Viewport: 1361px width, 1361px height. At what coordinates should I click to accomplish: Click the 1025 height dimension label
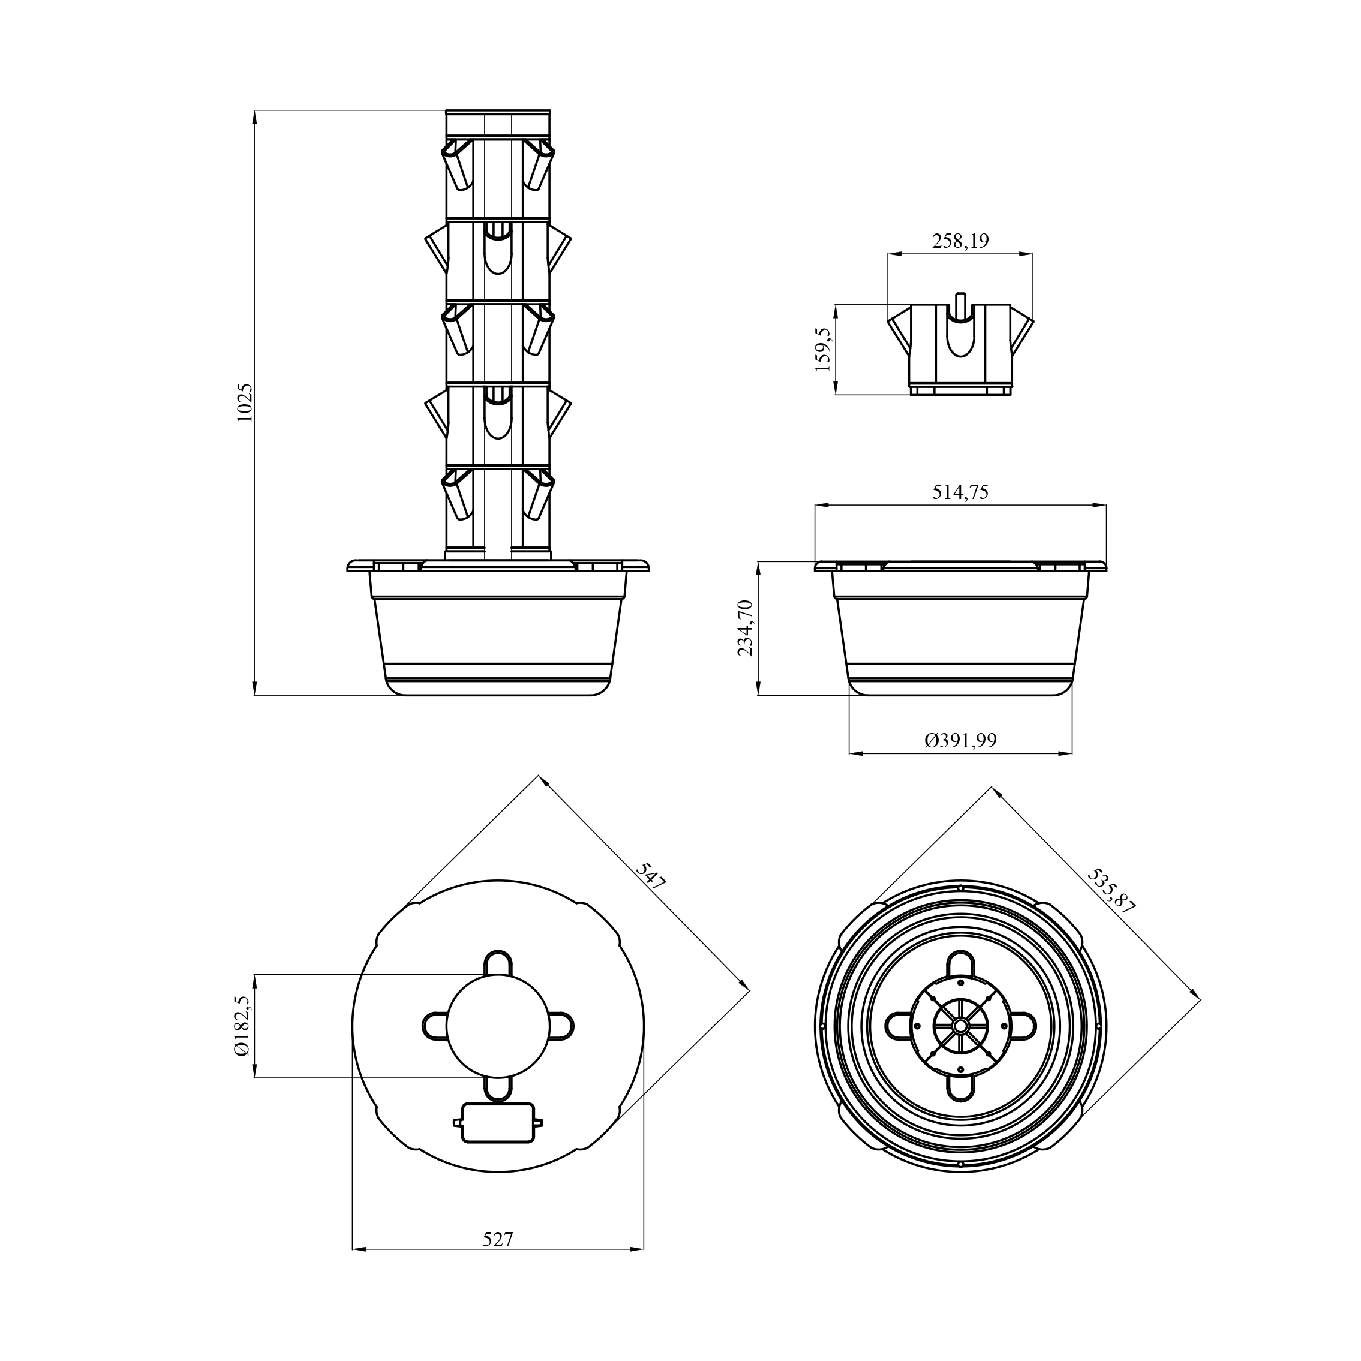tap(245, 402)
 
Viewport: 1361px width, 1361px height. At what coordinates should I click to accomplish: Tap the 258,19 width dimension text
tap(960, 241)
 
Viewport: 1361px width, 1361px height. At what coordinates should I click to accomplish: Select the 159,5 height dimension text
tap(823, 350)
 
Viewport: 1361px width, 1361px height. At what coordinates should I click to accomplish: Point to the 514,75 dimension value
tap(960, 492)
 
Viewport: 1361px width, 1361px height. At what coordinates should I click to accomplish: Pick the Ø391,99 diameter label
tap(960, 740)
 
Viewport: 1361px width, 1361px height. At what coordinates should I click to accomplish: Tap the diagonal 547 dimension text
tap(651, 877)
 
